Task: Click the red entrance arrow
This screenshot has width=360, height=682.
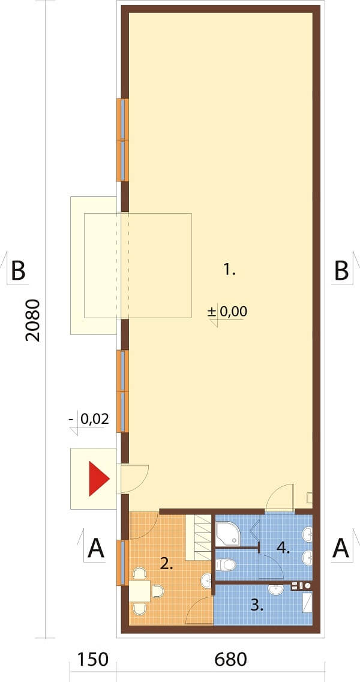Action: click(x=98, y=479)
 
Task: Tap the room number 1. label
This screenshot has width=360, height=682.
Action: click(x=229, y=271)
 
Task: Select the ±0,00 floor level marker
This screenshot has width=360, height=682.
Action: click(x=227, y=312)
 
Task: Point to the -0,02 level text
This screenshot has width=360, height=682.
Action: click(x=89, y=419)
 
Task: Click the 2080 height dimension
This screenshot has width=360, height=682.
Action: click(x=33, y=319)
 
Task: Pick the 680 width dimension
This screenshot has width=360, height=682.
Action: click(x=230, y=659)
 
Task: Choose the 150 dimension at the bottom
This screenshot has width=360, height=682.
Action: click(x=92, y=659)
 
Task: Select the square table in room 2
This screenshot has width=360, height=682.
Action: click(x=140, y=590)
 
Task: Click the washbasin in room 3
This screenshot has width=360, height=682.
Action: click(x=275, y=590)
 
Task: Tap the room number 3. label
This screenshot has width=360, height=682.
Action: click(x=257, y=605)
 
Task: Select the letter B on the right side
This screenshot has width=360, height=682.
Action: click(x=342, y=271)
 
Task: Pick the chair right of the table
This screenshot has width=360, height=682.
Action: click(x=157, y=591)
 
